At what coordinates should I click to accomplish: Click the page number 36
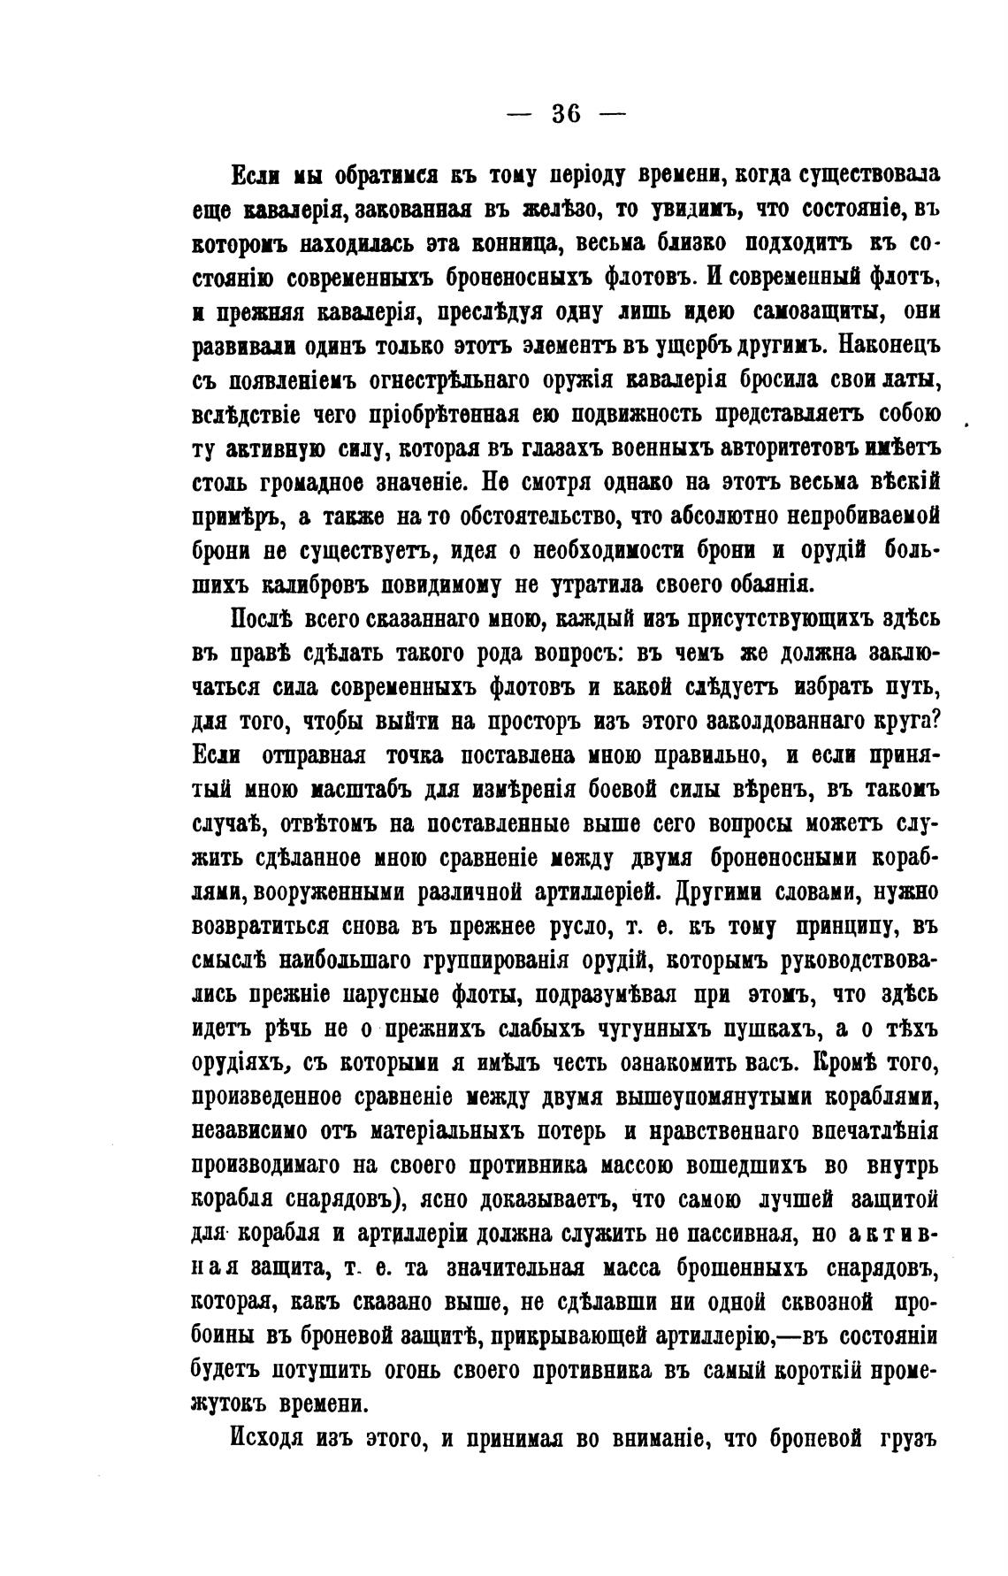tap(566, 114)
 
